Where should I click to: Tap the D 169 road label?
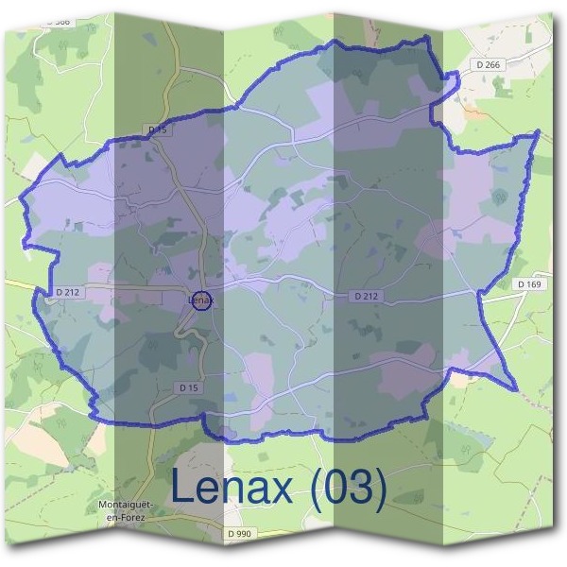[531, 283]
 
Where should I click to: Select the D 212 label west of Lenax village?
[68, 292]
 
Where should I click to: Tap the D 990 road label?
[240, 534]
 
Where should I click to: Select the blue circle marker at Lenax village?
[200, 301]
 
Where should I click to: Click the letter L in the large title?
[183, 489]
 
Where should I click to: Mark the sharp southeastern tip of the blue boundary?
[516, 389]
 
